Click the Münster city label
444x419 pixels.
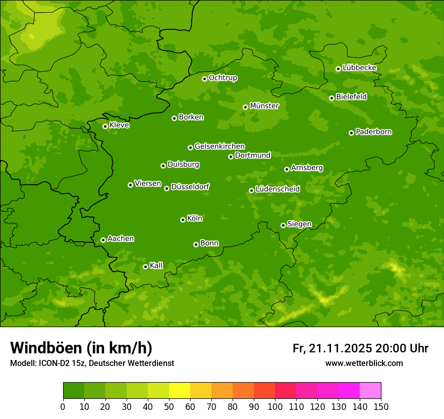tap(264, 106)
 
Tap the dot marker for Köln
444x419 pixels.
tap(183, 220)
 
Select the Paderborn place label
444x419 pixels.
tap(373, 132)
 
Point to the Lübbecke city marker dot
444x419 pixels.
tap(338, 69)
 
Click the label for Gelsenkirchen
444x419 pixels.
tap(219, 146)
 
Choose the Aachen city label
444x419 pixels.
tap(121, 239)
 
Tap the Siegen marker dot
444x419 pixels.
tap(283, 225)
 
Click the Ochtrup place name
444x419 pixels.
tap(223, 78)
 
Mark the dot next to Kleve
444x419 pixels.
tap(105, 126)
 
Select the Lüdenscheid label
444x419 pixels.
tap(277, 189)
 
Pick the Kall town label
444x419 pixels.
tap(156, 266)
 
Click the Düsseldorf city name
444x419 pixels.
tap(190, 187)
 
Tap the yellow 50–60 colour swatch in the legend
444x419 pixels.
tap(180, 391)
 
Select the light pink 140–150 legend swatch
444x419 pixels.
tap(370, 391)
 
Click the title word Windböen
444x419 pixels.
tap(45, 348)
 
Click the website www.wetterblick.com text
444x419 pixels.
tap(364, 363)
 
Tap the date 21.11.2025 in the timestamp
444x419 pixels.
tap(341, 348)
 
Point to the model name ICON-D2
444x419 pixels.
tap(54, 363)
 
